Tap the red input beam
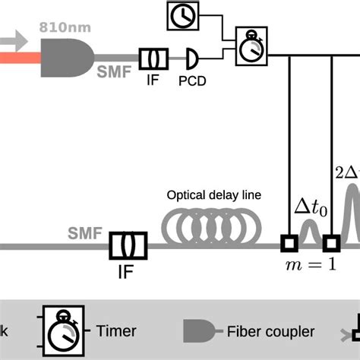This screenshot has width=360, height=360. pos(19,55)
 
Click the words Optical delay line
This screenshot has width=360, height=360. pos(213,194)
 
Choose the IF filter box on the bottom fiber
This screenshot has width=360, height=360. pos(128,245)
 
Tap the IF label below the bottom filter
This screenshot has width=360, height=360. pos(128,270)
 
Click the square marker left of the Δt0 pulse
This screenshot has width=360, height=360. pos(289,244)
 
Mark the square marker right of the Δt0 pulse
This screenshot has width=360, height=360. pos(331,244)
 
